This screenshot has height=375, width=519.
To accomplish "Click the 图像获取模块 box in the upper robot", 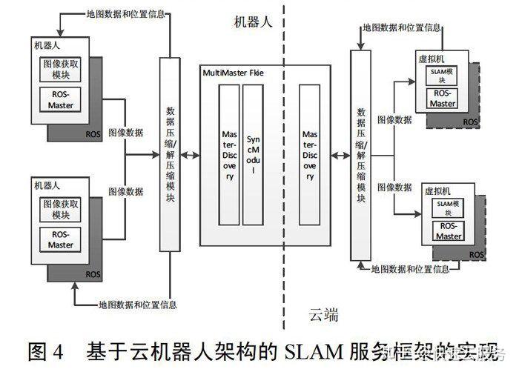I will tap(61, 69).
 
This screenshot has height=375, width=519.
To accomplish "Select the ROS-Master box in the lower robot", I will tap(61, 240).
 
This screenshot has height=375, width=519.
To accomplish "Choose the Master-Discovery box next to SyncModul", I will tap(229, 155).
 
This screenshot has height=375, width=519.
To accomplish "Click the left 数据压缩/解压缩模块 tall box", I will tap(170, 155).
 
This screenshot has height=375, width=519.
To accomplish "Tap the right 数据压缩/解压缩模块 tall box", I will tap(361, 155).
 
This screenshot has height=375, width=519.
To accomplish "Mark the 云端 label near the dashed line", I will tap(323, 316).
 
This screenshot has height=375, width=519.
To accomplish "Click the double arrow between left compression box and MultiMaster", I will tap(190, 155).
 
